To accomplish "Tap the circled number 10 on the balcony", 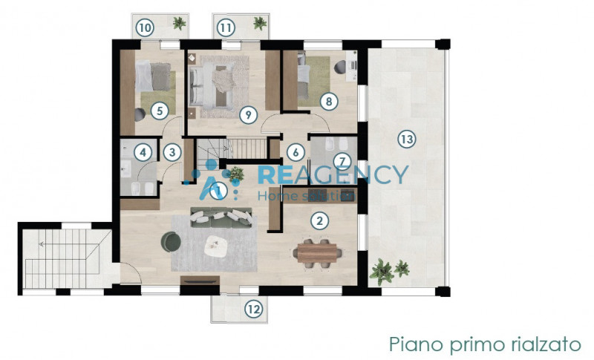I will pos(145,28).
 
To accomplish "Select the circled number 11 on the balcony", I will pos(226,28).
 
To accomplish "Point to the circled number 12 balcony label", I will pos(255,310).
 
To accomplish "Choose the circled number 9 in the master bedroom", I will pos(249,114).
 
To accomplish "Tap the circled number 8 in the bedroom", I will pos(325,102).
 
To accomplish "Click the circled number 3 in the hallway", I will pos(172,152).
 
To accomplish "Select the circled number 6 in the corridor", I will pos(296,152).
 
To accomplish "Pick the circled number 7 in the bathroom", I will pos(341,160).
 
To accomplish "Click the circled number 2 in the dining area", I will pos(319,220).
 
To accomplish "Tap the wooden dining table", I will pos(317,254).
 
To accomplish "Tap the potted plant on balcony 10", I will pos(178,24).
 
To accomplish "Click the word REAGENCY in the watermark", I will pos(333,176).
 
